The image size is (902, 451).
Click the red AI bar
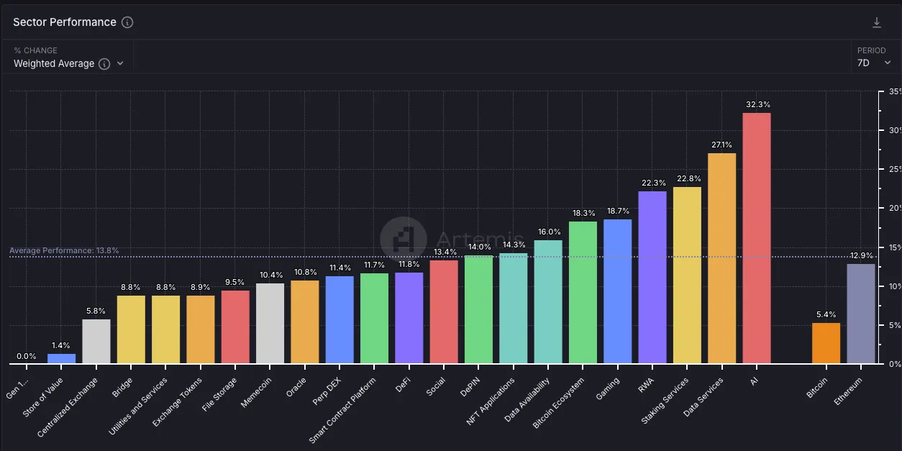pos(756,237)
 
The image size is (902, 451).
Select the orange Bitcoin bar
pos(826,343)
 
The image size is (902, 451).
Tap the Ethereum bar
pos(860,314)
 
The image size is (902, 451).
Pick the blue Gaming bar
pos(617,291)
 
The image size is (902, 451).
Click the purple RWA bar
pos(652,277)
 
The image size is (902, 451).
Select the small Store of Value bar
pos(61,358)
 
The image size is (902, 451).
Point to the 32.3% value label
pos(757,104)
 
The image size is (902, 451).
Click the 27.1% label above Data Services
pos(721,145)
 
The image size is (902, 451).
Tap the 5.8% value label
pos(96,311)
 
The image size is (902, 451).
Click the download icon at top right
pos(876,23)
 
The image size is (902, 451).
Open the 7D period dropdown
pos(874,63)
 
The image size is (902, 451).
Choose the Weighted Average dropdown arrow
pos(120,63)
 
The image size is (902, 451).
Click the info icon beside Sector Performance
pos(127,22)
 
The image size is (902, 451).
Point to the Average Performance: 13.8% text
pos(64,250)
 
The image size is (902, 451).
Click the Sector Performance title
pos(64,22)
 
